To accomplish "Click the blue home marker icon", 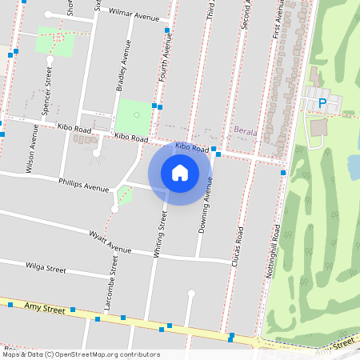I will tap(180, 172).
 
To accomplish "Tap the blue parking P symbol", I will tap(322, 102).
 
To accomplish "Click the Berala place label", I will tap(244, 129).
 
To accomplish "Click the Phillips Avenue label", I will tap(83, 185).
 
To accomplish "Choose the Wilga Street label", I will tap(46, 268).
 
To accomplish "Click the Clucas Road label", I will tap(238, 246).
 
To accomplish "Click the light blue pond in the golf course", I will tap(354, 166).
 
